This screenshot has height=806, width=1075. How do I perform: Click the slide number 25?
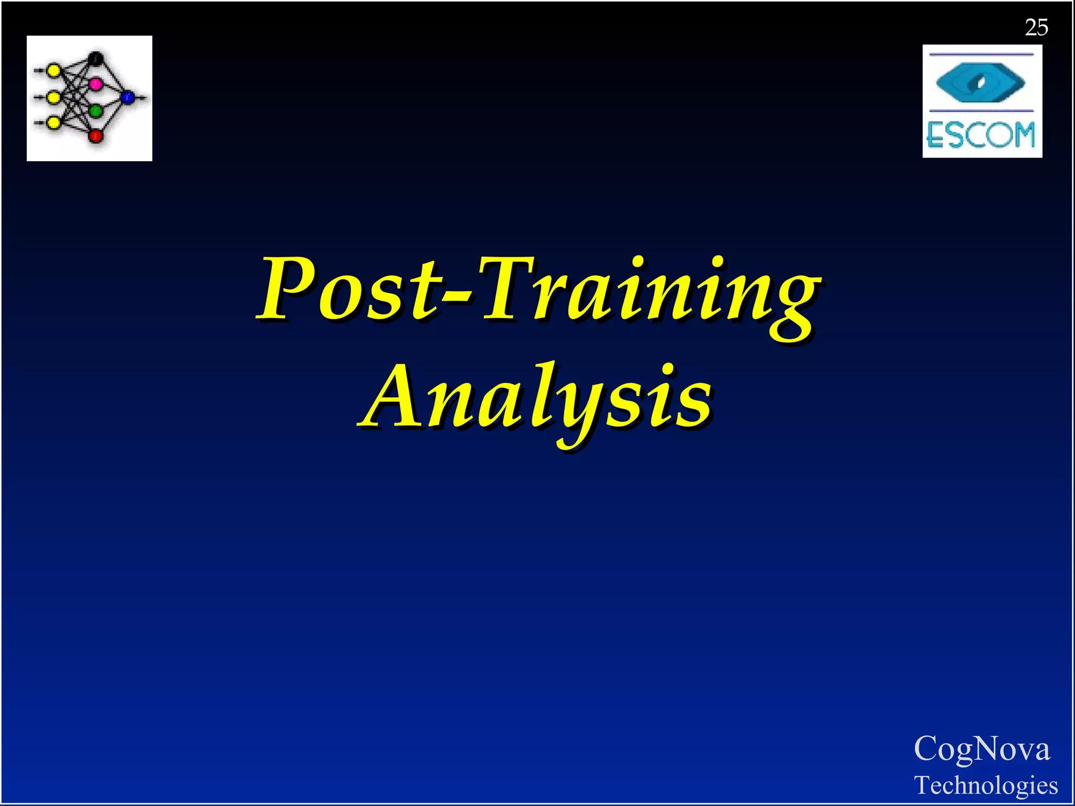click(1036, 27)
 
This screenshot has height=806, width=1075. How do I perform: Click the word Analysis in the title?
click(536, 398)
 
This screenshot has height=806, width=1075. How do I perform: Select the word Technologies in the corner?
click(986, 785)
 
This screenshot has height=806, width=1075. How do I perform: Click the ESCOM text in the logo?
click(981, 135)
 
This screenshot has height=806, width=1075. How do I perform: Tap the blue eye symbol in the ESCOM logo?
click(981, 82)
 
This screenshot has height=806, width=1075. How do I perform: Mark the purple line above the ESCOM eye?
click(981, 54)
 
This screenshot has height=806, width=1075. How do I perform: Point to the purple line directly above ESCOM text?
click(981, 111)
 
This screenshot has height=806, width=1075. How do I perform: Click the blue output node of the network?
click(128, 97)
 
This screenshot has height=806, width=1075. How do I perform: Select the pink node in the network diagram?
click(96, 83)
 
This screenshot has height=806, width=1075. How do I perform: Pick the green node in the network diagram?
click(96, 111)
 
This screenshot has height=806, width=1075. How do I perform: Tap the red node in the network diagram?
click(96, 136)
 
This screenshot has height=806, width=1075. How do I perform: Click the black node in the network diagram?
click(96, 58)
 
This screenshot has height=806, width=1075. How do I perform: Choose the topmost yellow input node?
click(53, 70)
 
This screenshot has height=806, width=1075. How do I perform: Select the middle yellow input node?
click(53, 97)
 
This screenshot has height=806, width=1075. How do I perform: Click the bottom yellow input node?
click(53, 123)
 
